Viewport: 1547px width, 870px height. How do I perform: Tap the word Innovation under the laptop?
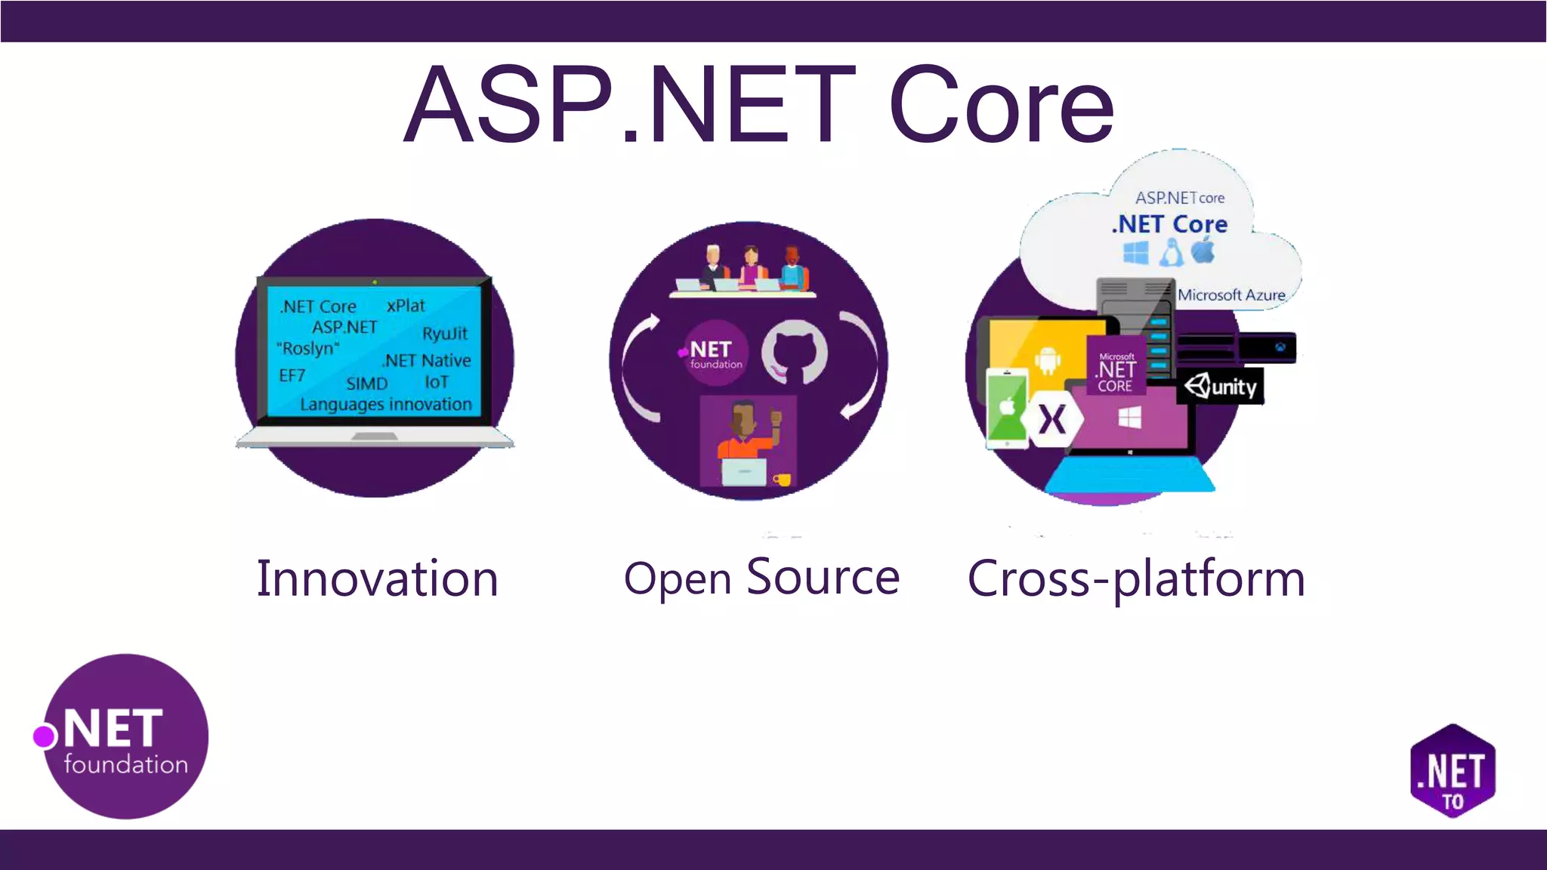coord(377,579)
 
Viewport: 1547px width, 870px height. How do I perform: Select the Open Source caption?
coord(761,578)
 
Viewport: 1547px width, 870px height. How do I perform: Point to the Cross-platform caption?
coord(1136,579)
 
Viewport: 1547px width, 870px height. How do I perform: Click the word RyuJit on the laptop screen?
coord(445,333)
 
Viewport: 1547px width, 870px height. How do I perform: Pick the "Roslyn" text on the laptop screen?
coord(308,348)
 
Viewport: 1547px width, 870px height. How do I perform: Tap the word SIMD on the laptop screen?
coord(366,384)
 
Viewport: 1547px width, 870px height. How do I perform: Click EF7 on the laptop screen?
coord(292,375)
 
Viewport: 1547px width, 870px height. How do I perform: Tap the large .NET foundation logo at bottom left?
coord(125,737)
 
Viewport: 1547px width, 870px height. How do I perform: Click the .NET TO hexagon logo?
coord(1453,771)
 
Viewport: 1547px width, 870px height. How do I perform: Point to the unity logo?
coord(1221,387)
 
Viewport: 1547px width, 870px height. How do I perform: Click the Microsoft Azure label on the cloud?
coord(1231,295)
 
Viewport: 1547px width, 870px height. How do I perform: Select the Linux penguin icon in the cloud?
coord(1171,252)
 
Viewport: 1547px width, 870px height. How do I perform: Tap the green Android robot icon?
coord(1047,359)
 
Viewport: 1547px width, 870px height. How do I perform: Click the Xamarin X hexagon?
coord(1051,420)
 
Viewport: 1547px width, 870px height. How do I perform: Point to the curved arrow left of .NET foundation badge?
coord(637,369)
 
